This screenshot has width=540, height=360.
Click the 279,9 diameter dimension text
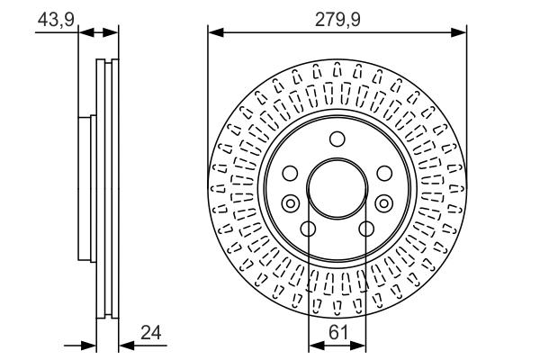point(337,16)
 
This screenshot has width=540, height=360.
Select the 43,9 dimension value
point(55,16)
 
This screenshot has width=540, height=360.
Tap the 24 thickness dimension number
point(151,333)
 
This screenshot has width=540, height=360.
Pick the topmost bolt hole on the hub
point(337,139)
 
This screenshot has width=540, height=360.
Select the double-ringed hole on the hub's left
point(291,203)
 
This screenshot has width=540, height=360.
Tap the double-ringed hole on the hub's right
point(383,203)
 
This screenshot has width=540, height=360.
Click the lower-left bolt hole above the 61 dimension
point(308,229)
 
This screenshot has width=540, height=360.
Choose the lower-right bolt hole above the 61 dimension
point(366,229)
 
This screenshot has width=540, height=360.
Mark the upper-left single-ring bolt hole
point(290,174)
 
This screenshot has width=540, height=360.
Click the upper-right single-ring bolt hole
point(384,174)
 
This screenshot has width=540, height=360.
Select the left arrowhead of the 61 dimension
point(313,344)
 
